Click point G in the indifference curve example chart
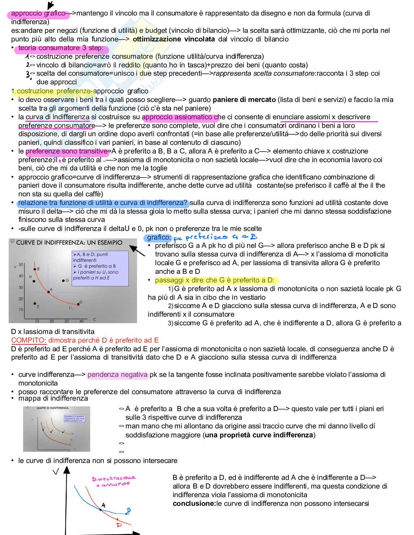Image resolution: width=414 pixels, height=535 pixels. tap(63, 280)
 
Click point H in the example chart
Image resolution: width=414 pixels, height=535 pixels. tap(34, 281)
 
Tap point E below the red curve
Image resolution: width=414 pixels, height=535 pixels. tap(35, 304)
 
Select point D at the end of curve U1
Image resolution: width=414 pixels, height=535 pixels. tap(79, 304)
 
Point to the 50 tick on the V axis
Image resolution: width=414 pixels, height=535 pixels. tap(21, 265)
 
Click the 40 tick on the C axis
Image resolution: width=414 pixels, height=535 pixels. tap(81, 321)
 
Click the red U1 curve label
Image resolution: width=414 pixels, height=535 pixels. tap(71, 308)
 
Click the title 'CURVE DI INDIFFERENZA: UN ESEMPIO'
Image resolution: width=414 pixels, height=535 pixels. tap(69, 242)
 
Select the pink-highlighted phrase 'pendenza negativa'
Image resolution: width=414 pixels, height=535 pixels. tap(118, 375)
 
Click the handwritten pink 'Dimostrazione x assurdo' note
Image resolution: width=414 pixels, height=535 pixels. tap(113, 481)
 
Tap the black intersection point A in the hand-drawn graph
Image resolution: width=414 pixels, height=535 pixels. tap(101, 509)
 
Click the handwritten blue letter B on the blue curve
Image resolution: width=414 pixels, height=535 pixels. tap(128, 511)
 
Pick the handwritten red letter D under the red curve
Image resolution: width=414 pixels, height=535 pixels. tap(119, 525)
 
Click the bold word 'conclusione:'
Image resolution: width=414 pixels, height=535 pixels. tap(194, 503)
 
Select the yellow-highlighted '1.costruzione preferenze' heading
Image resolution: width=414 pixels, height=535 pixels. tap(52, 91)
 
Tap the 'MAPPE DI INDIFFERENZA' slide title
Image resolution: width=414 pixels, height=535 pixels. tap(52, 408)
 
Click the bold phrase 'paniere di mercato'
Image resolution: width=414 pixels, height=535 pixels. tap(244, 100)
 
